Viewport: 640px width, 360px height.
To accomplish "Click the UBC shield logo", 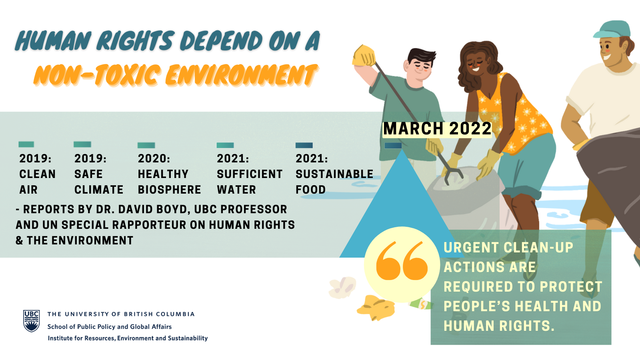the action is coord(32,321).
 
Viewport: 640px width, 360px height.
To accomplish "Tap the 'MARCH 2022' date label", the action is coord(437,129).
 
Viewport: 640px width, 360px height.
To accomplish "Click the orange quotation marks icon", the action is coord(402,260).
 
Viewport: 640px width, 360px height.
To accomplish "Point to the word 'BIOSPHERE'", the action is coord(170,190).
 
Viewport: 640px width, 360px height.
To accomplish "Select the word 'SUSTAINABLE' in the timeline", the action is coord(334,174).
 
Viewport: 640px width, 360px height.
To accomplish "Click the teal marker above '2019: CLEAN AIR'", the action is coord(26,144).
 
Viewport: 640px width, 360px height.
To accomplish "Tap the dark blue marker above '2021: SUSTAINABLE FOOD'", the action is coord(304,146).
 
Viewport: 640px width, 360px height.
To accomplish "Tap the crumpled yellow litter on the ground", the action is coord(376,308).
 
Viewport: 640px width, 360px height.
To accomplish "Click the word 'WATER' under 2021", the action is coord(236,190).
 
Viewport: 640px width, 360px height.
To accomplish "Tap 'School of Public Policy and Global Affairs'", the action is coord(110,326).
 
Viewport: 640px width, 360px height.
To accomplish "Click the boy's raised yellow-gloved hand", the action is coord(364,56).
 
